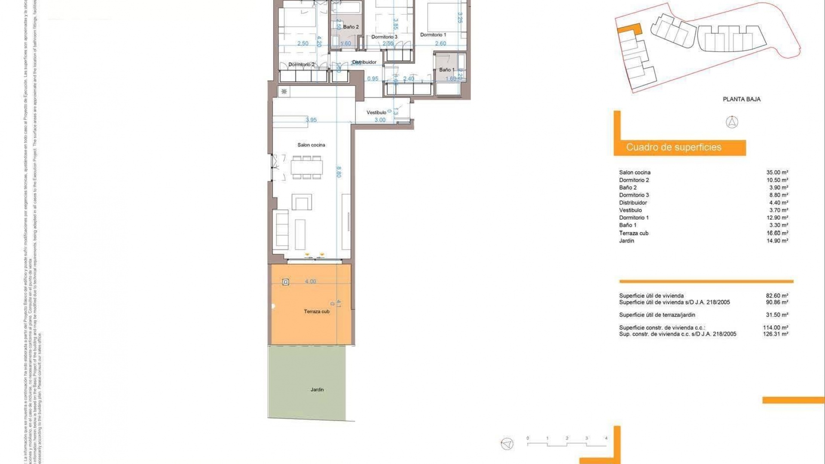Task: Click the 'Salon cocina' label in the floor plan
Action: point(311,145)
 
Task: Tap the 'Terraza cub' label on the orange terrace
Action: point(317,311)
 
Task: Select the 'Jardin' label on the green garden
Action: point(317,390)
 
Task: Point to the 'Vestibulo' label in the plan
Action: point(376,113)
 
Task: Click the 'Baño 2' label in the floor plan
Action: point(351,27)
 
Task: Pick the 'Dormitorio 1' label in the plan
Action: point(433,35)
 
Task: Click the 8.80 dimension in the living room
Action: point(339,172)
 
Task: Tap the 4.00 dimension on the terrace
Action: point(310,281)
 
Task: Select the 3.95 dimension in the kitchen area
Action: point(311,120)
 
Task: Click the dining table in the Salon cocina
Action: point(306,168)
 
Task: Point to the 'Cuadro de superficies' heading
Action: point(673,147)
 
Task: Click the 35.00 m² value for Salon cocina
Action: point(777,173)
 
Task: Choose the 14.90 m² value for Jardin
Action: point(777,241)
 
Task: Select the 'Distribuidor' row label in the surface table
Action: point(632,203)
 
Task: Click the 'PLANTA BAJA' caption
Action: point(741,99)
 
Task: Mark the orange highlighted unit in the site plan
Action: point(629,29)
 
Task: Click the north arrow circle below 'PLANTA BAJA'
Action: point(732,122)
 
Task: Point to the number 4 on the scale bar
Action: point(606,438)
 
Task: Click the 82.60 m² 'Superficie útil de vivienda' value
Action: point(777,296)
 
